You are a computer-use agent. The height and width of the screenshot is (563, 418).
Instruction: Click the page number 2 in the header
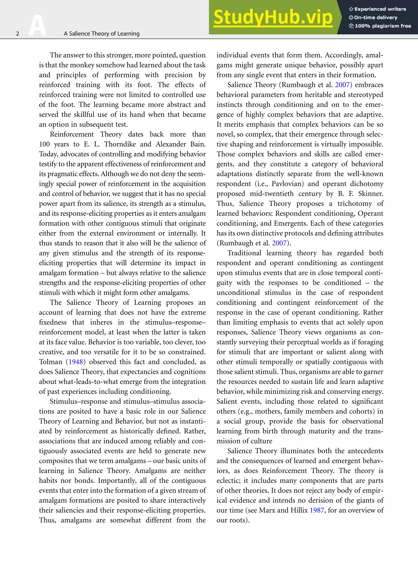18,34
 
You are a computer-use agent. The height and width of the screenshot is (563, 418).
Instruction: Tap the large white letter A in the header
37,26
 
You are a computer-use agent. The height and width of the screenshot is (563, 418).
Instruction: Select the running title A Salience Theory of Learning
101,34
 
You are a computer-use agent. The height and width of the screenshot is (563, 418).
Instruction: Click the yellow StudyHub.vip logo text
272,17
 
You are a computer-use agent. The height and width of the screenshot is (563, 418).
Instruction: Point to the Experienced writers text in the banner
380,9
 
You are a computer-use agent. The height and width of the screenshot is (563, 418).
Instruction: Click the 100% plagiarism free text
382,26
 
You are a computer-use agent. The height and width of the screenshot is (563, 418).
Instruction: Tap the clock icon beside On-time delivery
351,18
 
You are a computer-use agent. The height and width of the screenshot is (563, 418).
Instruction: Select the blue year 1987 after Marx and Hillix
317,510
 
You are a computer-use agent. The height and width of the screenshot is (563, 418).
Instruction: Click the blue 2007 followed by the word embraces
342,85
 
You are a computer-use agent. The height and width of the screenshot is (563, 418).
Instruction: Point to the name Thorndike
120,144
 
